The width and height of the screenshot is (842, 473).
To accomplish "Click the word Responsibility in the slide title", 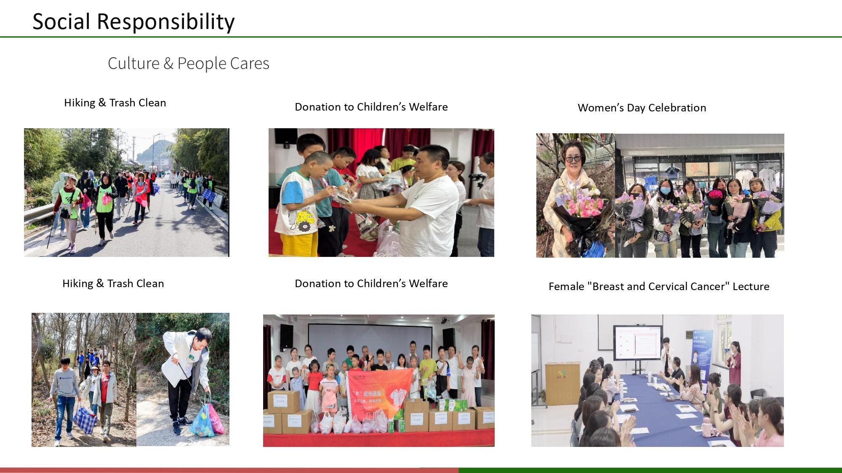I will [x=165, y=22].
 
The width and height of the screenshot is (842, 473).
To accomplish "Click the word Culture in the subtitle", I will [x=133, y=63].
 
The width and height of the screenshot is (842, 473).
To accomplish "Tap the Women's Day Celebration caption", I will [x=642, y=108].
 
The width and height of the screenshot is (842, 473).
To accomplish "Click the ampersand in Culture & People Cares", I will [x=168, y=63].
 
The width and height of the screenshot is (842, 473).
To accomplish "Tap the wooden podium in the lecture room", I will [x=562, y=383].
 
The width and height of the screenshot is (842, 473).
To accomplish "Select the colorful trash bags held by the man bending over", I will [x=207, y=418].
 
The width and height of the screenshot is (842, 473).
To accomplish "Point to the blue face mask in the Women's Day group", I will [x=665, y=190].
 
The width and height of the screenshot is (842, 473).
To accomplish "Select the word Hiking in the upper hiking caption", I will [x=80, y=103].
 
